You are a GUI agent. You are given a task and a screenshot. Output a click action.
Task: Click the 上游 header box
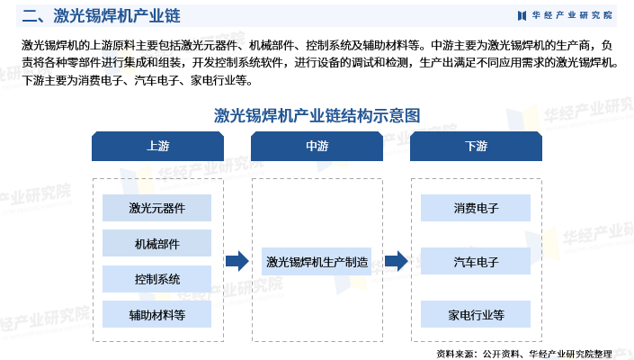click(x=157, y=146)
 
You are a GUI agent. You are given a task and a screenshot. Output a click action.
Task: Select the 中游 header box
click(x=317, y=146)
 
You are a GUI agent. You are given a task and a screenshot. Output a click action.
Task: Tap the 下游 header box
click(x=476, y=146)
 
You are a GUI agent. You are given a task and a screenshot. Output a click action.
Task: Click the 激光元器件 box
click(x=156, y=208)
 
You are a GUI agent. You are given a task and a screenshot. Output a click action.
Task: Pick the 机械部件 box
click(x=156, y=244)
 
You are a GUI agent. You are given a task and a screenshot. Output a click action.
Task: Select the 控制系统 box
click(x=156, y=279)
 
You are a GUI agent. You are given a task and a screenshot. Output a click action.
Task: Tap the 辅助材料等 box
click(x=156, y=314)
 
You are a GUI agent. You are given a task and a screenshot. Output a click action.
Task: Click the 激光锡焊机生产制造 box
click(x=317, y=262)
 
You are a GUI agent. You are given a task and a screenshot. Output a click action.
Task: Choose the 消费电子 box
click(x=476, y=208)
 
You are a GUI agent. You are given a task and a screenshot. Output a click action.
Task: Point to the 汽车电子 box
click(x=476, y=261)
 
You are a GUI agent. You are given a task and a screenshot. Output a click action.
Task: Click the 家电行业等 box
click(x=476, y=314)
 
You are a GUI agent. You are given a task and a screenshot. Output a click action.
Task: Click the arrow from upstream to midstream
click(x=237, y=261)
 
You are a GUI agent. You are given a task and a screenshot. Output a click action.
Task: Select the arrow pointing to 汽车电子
click(x=397, y=261)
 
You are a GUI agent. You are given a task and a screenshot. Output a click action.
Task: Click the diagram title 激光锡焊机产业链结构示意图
click(x=317, y=116)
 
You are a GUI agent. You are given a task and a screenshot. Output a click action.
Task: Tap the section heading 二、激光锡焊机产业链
click(x=101, y=16)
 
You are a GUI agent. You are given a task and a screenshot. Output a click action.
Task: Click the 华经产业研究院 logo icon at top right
click(x=522, y=16)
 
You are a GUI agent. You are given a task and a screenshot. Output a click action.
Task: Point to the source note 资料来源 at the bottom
click(x=524, y=354)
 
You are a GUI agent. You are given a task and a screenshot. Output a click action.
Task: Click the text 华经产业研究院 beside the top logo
click(x=572, y=15)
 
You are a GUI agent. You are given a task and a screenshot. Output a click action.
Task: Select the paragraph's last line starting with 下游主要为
click(x=138, y=80)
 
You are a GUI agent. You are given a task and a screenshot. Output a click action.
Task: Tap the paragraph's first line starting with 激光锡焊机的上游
click(x=317, y=45)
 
